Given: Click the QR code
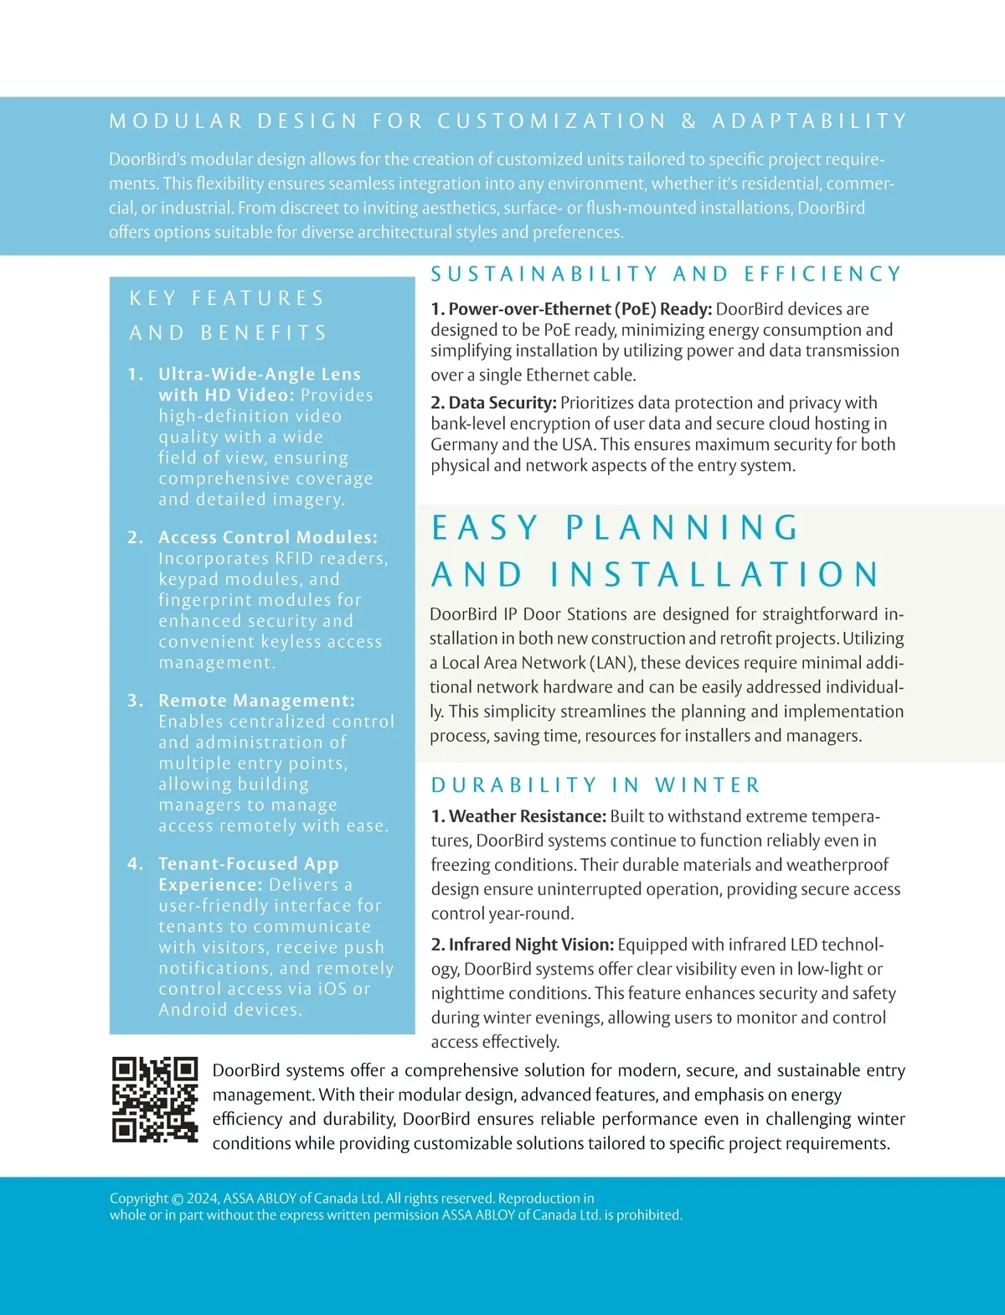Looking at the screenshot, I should click(x=155, y=1099).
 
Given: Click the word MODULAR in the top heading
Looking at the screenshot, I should click(x=176, y=122).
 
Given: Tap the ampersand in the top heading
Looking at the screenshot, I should click(x=688, y=122).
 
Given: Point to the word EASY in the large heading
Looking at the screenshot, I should click(x=485, y=528).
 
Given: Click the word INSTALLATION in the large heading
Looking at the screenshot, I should click(x=714, y=575).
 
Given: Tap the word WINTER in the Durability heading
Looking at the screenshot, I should click(x=708, y=785).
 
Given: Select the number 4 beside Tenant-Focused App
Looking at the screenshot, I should click(x=135, y=864).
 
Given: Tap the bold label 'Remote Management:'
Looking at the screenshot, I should click(x=256, y=701).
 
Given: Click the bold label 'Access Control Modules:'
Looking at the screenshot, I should click(x=268, y=537).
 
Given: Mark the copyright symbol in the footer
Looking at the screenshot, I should click(x=177, y=1199).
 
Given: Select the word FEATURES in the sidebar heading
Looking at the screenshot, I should click(x=257, y=298).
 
